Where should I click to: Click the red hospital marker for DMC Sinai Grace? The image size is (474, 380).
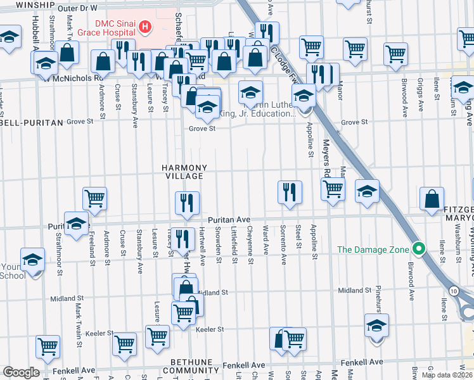point(146,27)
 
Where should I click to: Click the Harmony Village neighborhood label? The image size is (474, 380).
point(184,171)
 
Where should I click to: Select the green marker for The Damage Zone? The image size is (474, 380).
point(418,249)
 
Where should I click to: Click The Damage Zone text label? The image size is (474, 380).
point(373,250)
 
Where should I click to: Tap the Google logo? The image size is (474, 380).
point(21,372)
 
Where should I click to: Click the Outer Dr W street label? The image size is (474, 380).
point(77,8)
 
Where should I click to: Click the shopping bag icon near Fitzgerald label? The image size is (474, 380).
point(432,198)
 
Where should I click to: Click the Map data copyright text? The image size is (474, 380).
point(447,374)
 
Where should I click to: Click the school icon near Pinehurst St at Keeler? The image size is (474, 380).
point(376,326)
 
